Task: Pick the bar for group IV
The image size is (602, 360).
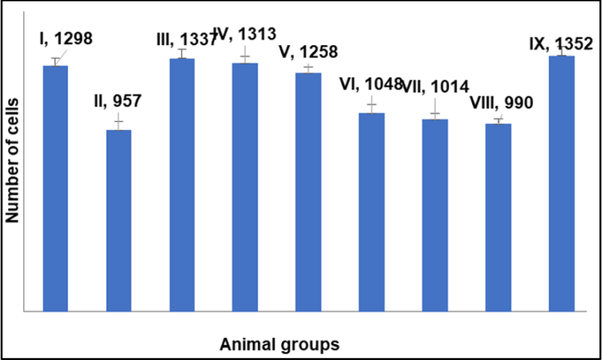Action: (x=245, y=187)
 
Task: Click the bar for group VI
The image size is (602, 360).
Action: (x=372, y=212)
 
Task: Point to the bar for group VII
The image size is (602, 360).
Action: (x=435, y=215)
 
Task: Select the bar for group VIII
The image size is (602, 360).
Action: (x=498, y=217)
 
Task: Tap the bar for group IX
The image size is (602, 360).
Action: (x=561, y=183)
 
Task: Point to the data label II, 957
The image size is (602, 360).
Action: (x=117, y=101)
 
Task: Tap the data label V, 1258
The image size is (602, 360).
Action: (x=308, y=53)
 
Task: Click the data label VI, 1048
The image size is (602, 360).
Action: (x=371, y=84)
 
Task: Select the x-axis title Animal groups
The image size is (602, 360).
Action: (x=280, y=343)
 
